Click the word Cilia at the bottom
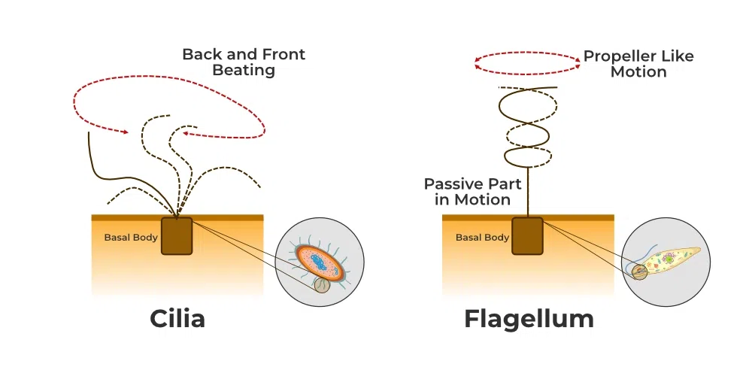pyautogui.click(x=177, y=318)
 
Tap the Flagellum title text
pyautogui.click(x=529, y=318)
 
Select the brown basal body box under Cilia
pyautogui.click(x=177, y=235)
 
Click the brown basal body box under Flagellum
pyautogui.click(x=528, y=235)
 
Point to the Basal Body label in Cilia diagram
pyautogui.click(x=131, y=238)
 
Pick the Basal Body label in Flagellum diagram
pyautogui.click(x=482, y=238)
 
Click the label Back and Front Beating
pyautogui.click(x=244, y=62)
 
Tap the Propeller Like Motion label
pyautogui.click(x=638, y=64)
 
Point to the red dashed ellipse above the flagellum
pyautogui.click(x=527, y=65)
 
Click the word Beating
pyautogui.click(x=244, y=71)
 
